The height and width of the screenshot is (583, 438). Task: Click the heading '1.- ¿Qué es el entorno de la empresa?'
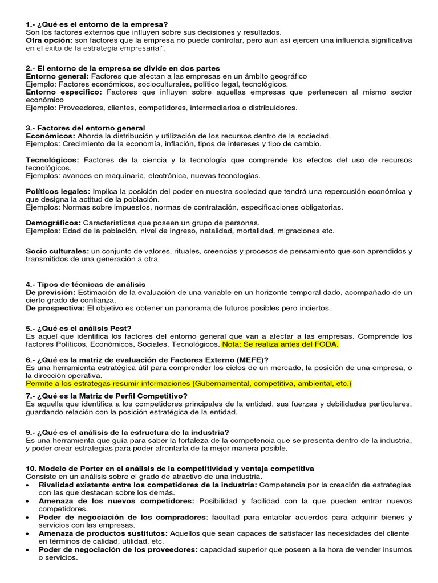[x=97, y=24]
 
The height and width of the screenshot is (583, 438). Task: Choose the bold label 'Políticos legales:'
[x=58, y=192]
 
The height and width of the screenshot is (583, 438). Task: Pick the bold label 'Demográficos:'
[x=54, y=223]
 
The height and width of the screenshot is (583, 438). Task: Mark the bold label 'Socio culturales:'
[x=57, y=251]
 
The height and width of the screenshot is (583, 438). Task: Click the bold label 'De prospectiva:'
[x=55, y=308]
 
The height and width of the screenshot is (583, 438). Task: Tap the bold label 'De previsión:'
[x=51, y=292]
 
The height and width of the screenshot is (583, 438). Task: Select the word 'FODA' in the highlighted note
[x=326, y=344]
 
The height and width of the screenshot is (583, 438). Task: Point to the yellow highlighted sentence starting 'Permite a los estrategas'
[x=189, y=384]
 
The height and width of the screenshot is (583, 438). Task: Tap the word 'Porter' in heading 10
[x=86, y=469]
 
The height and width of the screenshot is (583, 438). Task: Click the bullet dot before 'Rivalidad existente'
[x=29, y=485]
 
